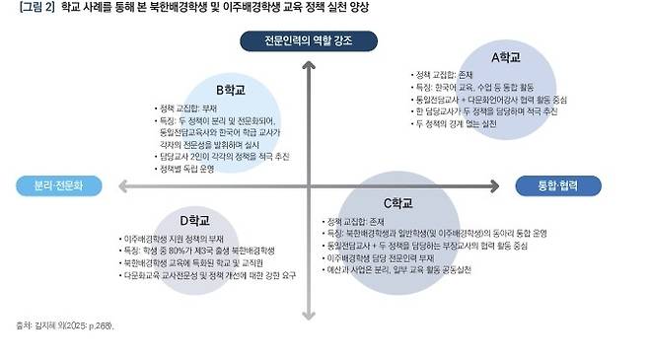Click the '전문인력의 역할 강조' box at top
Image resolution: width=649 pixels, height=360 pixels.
tap(308, 40)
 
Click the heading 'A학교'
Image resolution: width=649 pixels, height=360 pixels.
tap(506, 57)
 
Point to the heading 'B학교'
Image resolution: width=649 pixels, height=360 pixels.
tap(230, 90)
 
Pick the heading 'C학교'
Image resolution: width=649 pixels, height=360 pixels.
tap(397, 202)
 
